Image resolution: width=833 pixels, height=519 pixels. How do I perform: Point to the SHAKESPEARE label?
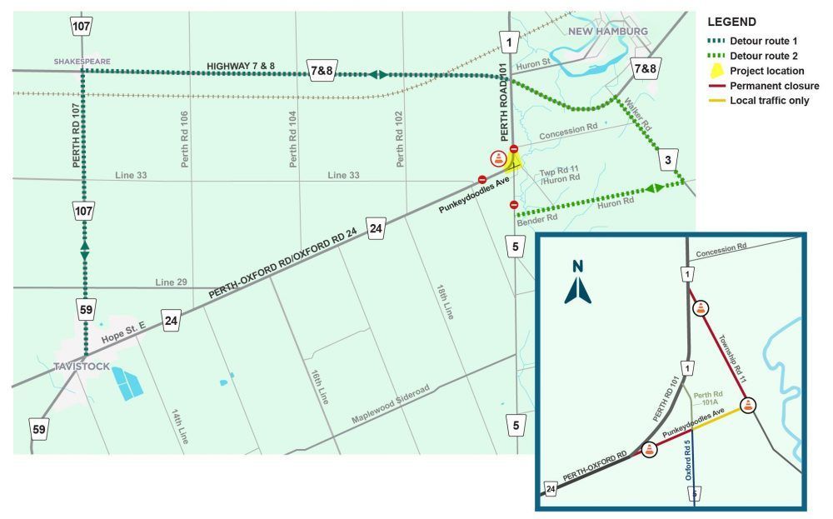click(x=82, y=61)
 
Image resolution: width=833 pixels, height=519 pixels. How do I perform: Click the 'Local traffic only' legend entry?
click(x=770, y=101)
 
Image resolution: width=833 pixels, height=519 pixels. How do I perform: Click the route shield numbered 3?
click(x=667, y=160)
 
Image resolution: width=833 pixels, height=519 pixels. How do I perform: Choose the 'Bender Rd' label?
click(x=536, y=221)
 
